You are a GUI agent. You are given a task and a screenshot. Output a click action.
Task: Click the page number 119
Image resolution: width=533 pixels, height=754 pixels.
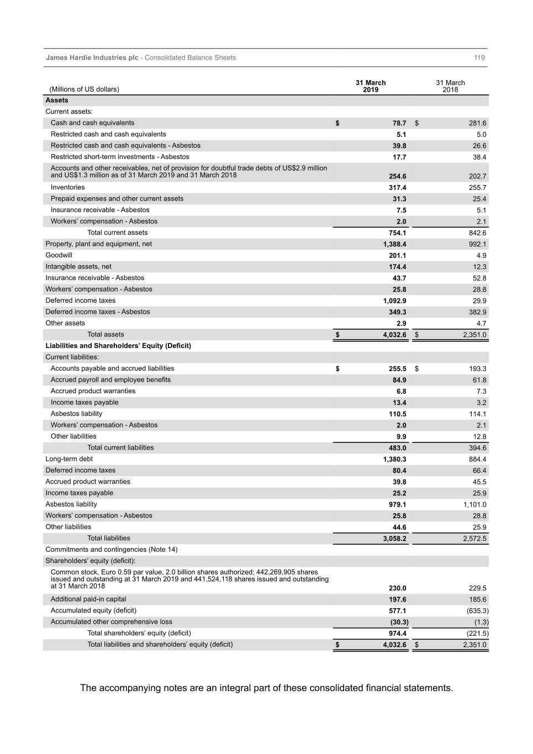pyautogui.click(x=479, y=57)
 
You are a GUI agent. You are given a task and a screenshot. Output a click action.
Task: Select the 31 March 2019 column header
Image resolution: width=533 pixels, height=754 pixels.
pyautogui.click(x=371, y=86)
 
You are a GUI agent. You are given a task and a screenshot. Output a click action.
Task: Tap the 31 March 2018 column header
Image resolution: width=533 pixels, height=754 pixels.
pyautogui.click(x=450, y=86)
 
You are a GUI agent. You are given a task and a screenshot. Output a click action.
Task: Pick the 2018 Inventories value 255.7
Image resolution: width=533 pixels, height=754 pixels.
pyautogui.click(x=477, y=188)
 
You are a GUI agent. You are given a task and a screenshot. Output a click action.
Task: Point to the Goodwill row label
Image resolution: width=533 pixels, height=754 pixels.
pyautogui.click(x=59, y=255)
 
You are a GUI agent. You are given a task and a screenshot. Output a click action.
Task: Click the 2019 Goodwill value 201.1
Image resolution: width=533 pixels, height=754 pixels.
pyautogui.click(x=397, y=256)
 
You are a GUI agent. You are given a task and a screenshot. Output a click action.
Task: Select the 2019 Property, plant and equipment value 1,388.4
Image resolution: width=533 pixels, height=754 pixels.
pyautogui.click(x=394, y=244)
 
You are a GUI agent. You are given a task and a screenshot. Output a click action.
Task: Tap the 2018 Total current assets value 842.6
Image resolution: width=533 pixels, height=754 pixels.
pyautogui.click(x=477, y=233)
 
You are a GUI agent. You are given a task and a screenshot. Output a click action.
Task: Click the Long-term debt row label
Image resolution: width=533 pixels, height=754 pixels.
pyautogui.click(x=69, y=459)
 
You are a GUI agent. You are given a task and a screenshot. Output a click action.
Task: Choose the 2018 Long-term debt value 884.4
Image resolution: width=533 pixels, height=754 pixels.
pyautogui.click(x=477, y=460)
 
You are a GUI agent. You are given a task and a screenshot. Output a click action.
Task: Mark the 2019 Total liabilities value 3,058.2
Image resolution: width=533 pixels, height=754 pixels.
pyautogui.click(x=394, y=539)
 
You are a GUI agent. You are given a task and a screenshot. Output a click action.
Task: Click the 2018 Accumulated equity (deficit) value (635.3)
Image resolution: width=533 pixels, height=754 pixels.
pyautogui.click(x=477, y=611)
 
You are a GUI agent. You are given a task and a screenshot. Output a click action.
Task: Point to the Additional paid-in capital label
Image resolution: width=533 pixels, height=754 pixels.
pyautogui.click(x=88, y=599)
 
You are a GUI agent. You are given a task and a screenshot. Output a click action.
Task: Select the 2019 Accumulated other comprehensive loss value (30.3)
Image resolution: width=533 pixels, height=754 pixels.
pyautogui.click(x=399, y=622)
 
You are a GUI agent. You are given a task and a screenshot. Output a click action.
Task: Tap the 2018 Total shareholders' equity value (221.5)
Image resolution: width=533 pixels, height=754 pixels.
pyautogui.click(x=477, y=634)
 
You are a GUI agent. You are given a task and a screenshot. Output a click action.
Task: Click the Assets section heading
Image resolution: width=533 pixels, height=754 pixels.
pyautogui.click(x=57, y=101)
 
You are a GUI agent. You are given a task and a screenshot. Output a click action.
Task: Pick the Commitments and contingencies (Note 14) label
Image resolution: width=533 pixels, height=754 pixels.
pyautogui.click(x=112, y=550)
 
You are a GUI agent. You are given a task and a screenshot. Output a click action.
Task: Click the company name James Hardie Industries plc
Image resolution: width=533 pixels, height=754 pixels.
pyautogui.click(x=92, y=57)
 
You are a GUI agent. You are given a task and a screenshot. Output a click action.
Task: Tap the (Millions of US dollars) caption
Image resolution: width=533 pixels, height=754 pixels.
pyautogui.click(x=84, y=89)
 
